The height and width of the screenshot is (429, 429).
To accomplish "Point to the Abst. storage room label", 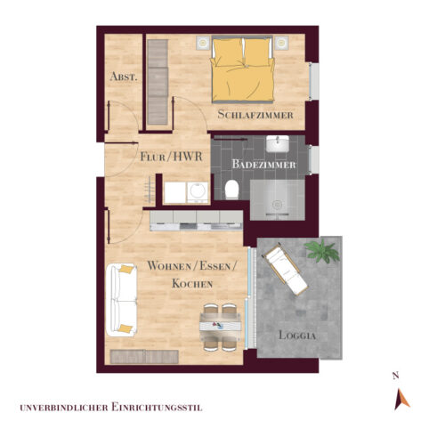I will coord(124,77).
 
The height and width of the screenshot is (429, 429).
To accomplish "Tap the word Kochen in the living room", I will coord(192,283).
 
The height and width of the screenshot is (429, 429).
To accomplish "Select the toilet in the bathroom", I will coord(231,189).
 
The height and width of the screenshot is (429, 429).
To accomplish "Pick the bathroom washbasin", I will coord(277,144).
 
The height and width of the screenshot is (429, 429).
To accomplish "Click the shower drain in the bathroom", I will coord(279,204).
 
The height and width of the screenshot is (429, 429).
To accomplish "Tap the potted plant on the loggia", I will coord(321,251).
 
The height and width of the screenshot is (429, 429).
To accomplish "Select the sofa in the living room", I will coord(120,297).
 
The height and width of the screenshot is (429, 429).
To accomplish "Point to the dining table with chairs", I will coord(220,326).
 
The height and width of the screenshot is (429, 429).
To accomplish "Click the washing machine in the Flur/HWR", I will coord(195,190).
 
